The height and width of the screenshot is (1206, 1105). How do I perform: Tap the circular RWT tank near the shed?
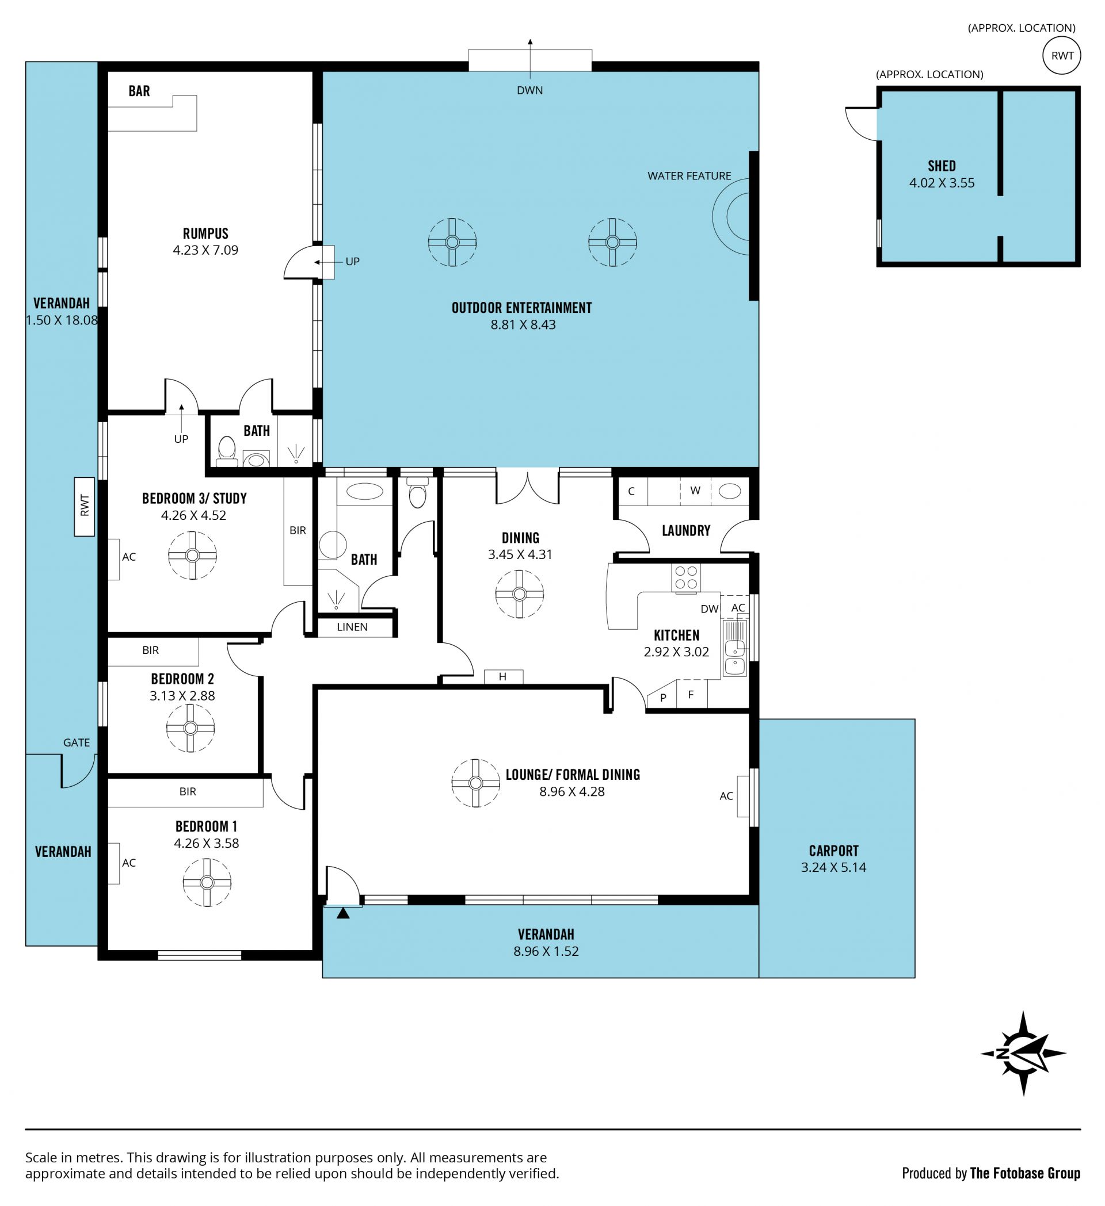[1061, 56]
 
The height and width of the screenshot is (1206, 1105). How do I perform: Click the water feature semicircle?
[731, 217]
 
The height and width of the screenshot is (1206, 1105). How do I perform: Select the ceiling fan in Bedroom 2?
[190, 728]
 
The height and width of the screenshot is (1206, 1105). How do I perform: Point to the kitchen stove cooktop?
[686, 578]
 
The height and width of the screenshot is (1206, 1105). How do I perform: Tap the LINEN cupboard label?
[352, 627]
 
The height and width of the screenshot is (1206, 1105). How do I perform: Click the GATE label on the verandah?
[77, 742]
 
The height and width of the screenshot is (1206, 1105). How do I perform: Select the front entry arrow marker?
[343, 913]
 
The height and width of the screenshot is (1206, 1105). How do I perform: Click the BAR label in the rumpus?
[139, 91]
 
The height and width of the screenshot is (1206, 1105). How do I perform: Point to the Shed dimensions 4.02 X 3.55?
[942, 183]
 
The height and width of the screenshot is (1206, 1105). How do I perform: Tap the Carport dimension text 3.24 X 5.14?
[833, 867]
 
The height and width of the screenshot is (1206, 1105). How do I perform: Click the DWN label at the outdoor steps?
[529, 90]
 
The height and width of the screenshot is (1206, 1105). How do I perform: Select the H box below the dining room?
[503, 676]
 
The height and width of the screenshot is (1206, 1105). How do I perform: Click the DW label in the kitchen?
[710, 609]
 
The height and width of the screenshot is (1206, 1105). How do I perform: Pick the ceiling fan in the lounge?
[475, 783]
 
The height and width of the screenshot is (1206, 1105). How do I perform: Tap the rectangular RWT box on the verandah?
[85, 507]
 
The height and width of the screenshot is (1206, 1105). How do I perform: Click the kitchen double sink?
[734, 649]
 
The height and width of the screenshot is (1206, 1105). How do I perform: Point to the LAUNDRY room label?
[686, 531]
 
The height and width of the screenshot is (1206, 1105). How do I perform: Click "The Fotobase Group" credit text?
[1025, 1173]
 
